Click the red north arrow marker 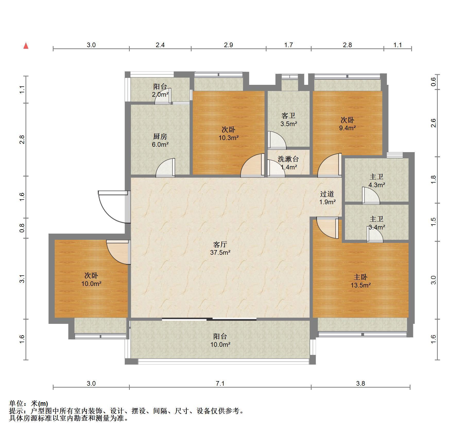(26, 46)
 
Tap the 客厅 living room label (220, 244)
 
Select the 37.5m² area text (220, 252)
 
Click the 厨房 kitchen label (160, 136)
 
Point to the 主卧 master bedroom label (361, 277)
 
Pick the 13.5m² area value (361, 285)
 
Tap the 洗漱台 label (288, 159)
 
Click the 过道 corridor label (327, 194)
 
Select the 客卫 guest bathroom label (288, 116)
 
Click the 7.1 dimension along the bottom (220, 383)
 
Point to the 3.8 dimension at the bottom (361, 383)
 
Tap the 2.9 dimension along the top (228, 45)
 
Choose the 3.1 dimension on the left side (22, 279)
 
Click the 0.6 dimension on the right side (433, 82)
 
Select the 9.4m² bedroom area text (347, 128)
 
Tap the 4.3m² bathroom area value (377, 185)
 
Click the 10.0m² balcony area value (220, 344)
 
